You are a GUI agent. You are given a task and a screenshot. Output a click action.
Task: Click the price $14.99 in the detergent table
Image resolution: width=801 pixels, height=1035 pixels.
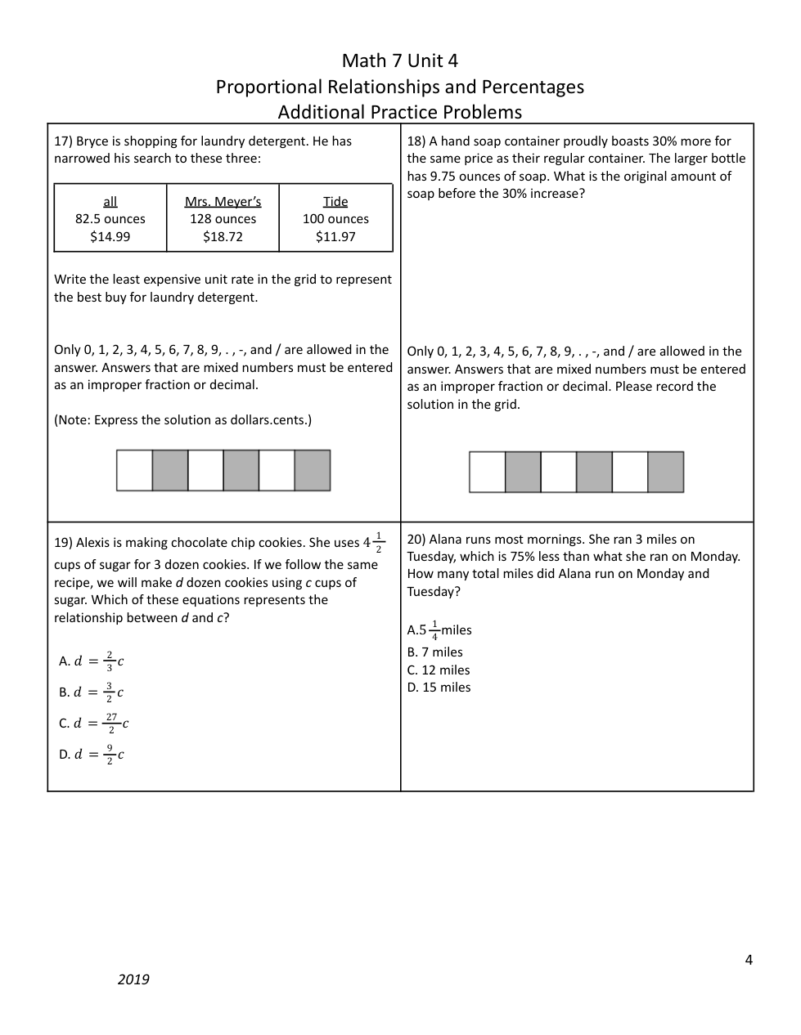click(110, 237)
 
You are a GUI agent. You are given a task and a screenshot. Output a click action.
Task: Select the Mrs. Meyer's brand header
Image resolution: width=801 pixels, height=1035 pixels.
click(223, 202)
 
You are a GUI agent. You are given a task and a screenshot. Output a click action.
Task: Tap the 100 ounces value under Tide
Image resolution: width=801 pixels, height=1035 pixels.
click(335, 219)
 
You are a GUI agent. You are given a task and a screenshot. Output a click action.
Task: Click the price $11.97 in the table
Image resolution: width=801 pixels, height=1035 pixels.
click(335, 237)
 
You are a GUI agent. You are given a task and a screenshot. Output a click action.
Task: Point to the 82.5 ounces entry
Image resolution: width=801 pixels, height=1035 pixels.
click(110, 219)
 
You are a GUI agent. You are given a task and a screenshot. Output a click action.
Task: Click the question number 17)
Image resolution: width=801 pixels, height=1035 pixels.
click(63, 141)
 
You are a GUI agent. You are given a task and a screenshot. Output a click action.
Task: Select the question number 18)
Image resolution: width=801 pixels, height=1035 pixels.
click(416, 141)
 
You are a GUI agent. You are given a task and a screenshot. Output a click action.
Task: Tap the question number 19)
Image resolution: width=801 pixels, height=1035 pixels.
click(63, 543)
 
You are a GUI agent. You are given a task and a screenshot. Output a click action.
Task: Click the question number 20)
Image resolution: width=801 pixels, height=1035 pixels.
click(416, 540)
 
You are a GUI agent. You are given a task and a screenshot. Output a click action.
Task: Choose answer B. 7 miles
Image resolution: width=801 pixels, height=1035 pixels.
click(435, 652)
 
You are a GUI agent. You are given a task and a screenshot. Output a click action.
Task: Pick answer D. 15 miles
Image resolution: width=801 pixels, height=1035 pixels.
click(439, 688)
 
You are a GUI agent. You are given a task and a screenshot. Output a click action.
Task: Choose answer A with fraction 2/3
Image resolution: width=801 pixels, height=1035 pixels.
click(92, 661)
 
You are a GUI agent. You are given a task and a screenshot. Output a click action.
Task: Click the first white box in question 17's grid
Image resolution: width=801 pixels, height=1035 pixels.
click(135, 471)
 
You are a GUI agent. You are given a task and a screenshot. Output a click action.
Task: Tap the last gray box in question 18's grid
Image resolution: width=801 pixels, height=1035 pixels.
click(666, 473)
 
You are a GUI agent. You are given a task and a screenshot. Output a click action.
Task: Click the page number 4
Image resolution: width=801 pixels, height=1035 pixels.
click(749, 960)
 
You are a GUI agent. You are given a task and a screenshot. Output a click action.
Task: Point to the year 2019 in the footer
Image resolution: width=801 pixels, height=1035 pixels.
click(133, 979)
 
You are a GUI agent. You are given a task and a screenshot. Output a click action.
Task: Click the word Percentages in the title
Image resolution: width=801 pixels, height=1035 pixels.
click(532, 87)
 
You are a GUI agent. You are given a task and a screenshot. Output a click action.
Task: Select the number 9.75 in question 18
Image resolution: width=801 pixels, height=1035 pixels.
click(448, 177)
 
